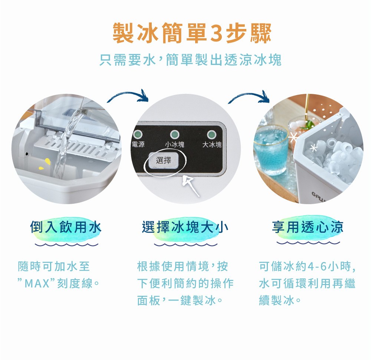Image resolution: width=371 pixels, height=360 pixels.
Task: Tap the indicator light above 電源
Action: click(x=139, y=134)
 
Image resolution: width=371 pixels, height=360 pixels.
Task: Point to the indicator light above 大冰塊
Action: click(x=212, y=134)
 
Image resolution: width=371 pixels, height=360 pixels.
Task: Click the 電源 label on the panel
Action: click(x=138, y=144)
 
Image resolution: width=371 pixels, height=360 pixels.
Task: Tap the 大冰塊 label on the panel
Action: click(x=212, y=145)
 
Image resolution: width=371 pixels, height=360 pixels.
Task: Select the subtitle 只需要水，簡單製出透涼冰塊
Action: click(x=190, y=60)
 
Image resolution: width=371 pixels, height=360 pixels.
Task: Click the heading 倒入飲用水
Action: click(x=66, y=227)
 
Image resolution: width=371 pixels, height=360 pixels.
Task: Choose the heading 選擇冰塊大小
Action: click(x=184, y=227)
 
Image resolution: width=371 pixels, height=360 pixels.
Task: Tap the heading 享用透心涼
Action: click(x=308, y=227)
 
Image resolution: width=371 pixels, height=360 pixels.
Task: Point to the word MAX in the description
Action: click(x=37, y=284)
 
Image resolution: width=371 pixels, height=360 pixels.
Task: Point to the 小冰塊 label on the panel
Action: click(x=174, y=145)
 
